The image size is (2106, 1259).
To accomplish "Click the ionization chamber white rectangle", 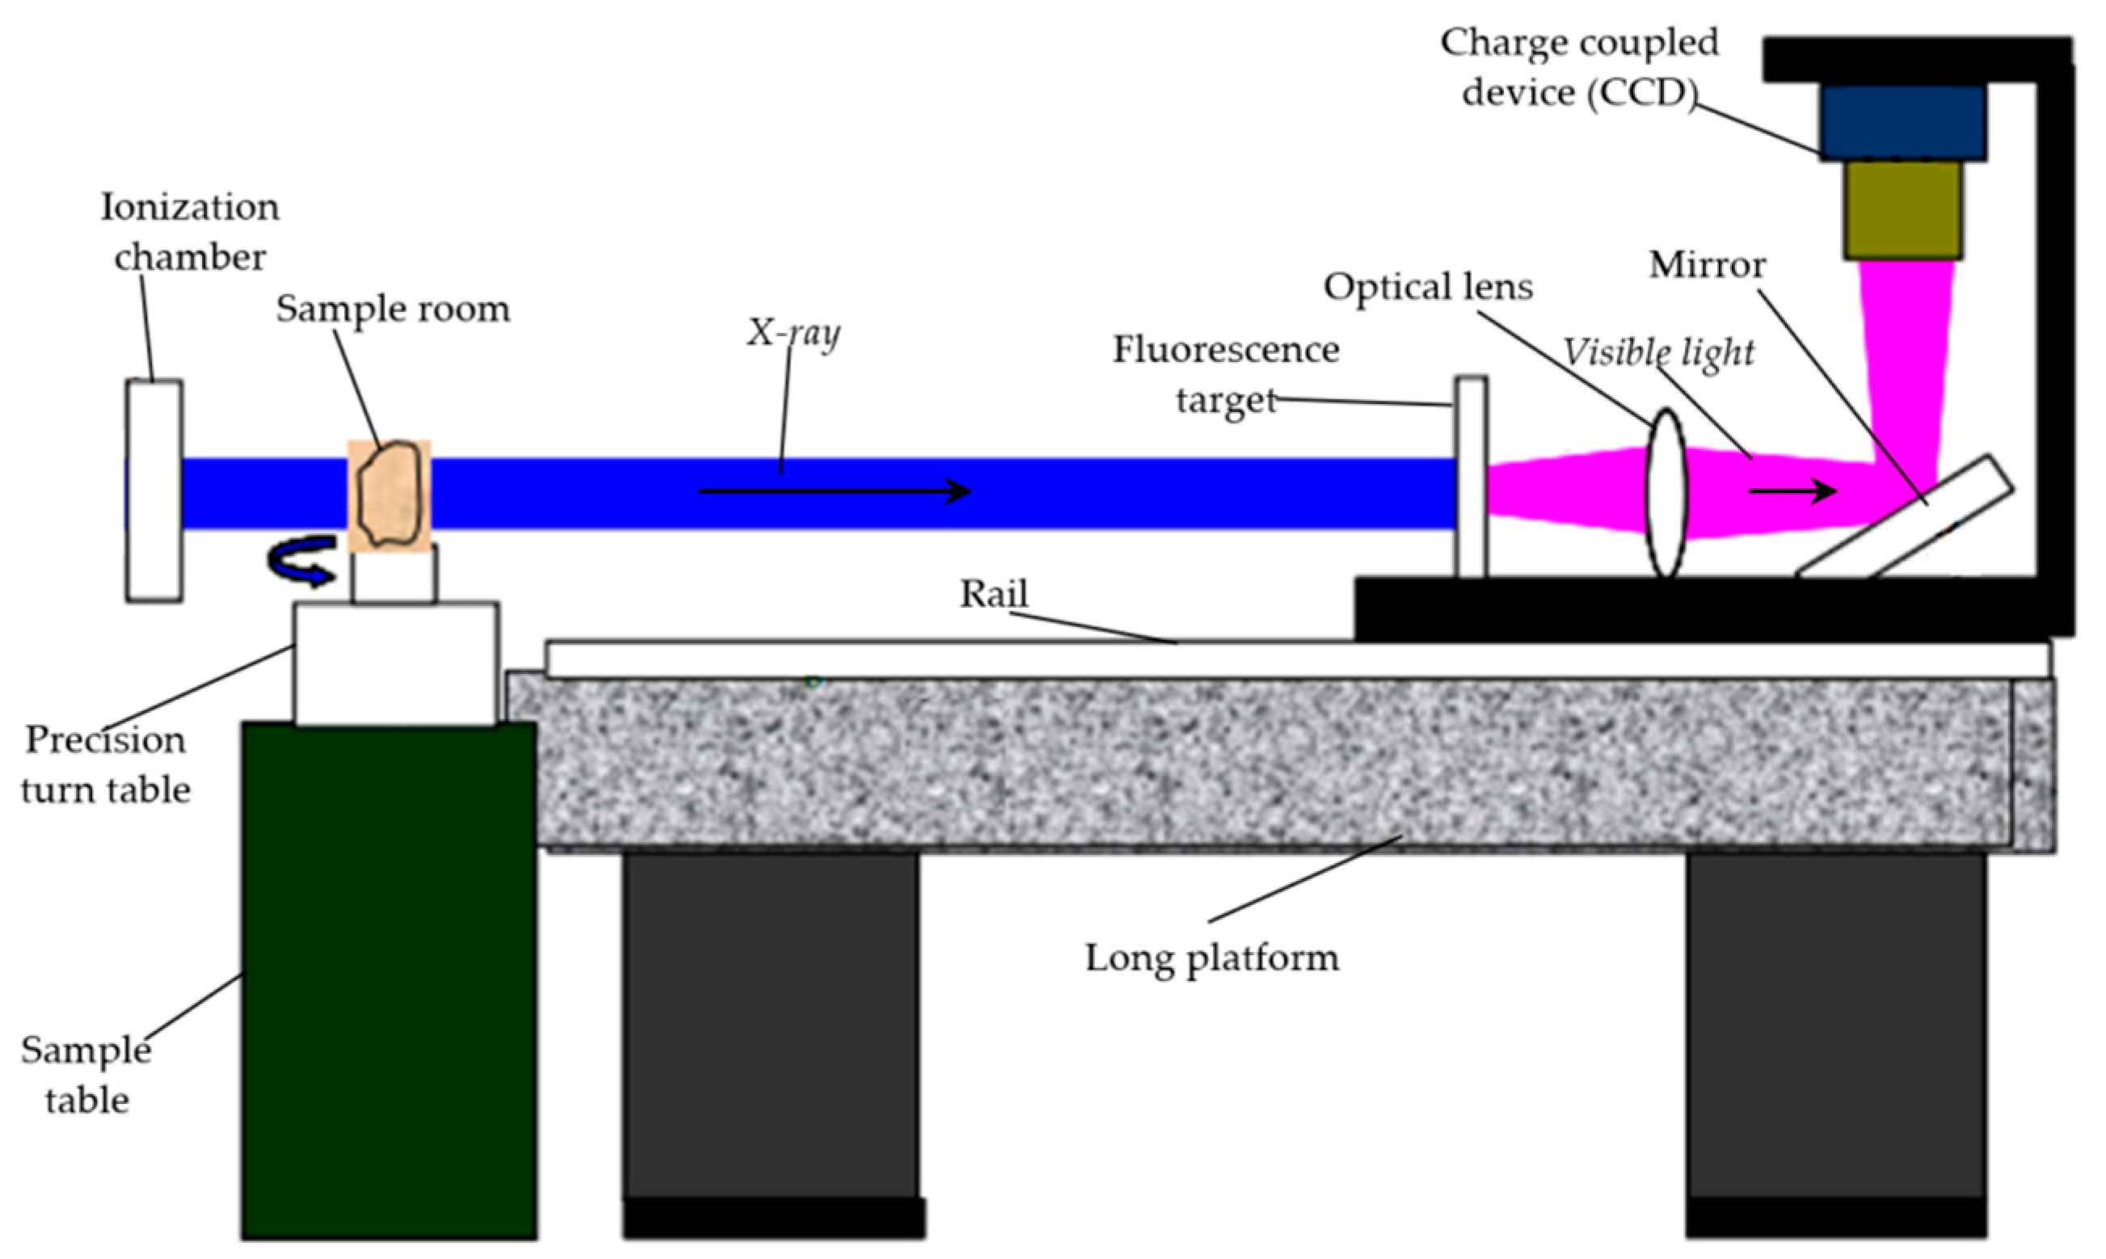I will (x=154, y=491).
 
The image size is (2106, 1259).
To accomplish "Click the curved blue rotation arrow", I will (x=299, y=562).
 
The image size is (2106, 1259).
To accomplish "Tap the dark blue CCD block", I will (x=1902, y=121).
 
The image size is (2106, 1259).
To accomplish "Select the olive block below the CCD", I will (x=1902, y=209).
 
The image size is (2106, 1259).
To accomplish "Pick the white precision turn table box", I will (x=395, y=663).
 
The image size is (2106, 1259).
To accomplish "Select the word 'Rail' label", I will (x=993, y=594).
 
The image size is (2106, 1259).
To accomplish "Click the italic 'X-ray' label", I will (x=793, y=333).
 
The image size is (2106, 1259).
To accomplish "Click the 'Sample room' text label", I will (x=393, y=309).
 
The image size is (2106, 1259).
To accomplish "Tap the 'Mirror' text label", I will (x=1707, y=266).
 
